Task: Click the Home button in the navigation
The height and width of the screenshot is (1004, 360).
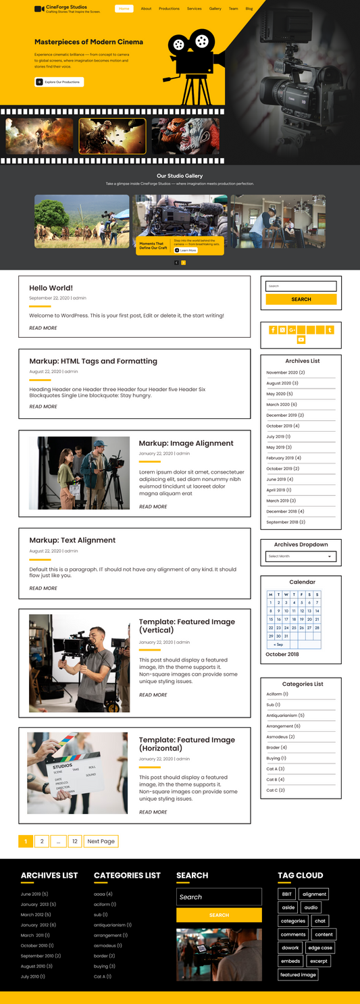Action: point(124,9)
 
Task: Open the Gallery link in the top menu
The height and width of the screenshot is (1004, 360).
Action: point(215,9)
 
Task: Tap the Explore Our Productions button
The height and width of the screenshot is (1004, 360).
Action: point(59,82)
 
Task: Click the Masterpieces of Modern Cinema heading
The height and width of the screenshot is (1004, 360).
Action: point(88,42)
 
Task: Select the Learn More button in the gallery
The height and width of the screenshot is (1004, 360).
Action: point(186,250)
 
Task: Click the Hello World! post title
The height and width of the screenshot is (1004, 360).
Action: point(51,288)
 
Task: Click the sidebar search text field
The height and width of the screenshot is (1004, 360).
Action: point(301,286)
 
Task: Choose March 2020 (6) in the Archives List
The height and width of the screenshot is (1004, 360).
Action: point(282,405)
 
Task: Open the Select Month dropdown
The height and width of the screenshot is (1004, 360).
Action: point(301,556)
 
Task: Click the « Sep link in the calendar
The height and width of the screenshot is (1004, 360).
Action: point(278,645)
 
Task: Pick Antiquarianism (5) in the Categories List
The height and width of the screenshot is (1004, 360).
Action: point(285,716)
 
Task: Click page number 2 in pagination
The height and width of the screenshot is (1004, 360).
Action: point(42,841)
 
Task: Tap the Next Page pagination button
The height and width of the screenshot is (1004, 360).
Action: point(101,841)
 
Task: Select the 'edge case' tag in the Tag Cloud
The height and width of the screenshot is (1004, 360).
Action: point(319,948)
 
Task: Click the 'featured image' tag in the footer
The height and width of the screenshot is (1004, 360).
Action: point(298,974)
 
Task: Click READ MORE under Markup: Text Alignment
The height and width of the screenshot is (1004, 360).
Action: point(43,588)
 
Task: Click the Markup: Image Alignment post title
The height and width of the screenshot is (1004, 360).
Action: point(186,443)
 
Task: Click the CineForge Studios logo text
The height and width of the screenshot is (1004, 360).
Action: point(66,7)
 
